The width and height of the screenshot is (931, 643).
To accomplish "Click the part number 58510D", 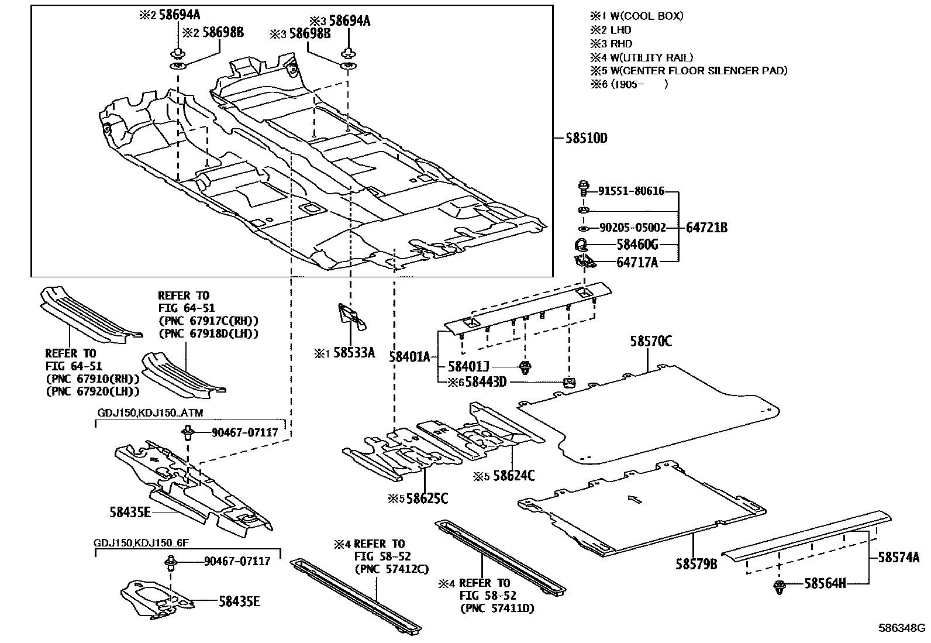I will (x=586, y=139).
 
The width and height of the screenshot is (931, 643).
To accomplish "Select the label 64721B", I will (x=706, y=228).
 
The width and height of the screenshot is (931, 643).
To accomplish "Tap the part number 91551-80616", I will (x=632, y=191).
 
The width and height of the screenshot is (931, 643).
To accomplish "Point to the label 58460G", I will (x=637, y=245).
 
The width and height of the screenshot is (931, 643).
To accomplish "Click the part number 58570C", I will (x=651, y=341).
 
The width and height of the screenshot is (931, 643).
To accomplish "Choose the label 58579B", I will (x=696, y=564).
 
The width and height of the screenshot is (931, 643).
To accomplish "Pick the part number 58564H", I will (x=825, y=583).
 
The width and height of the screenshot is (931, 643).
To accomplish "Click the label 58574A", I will (x=899, y=558).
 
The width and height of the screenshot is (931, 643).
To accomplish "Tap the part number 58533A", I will (x=354, y=353).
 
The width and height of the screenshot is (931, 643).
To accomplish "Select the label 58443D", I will (x=485, y=382).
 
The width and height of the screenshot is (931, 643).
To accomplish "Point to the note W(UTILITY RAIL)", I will (x=650, y=57).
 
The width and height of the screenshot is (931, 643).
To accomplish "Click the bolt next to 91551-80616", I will (x=582, y=189).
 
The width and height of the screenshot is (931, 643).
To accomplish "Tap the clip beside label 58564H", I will (x=779, y=587).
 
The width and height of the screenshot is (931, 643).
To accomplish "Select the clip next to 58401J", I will (x=525, y=368).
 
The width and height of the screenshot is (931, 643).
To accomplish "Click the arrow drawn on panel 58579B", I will (x=634, y=499).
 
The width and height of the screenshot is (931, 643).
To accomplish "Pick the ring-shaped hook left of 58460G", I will (x=582, y=245).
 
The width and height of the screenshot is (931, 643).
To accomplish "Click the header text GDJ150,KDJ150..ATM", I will (x=150, y=413).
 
